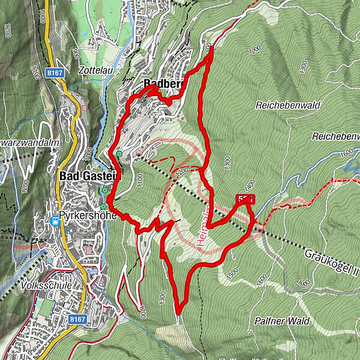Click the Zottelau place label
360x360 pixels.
pyautogui.click(x=93, y=70)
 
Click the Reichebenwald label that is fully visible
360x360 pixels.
pyautogui.click(x=287, y=105)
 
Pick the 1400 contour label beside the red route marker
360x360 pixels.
pyautogui.click(x=249, y=185)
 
